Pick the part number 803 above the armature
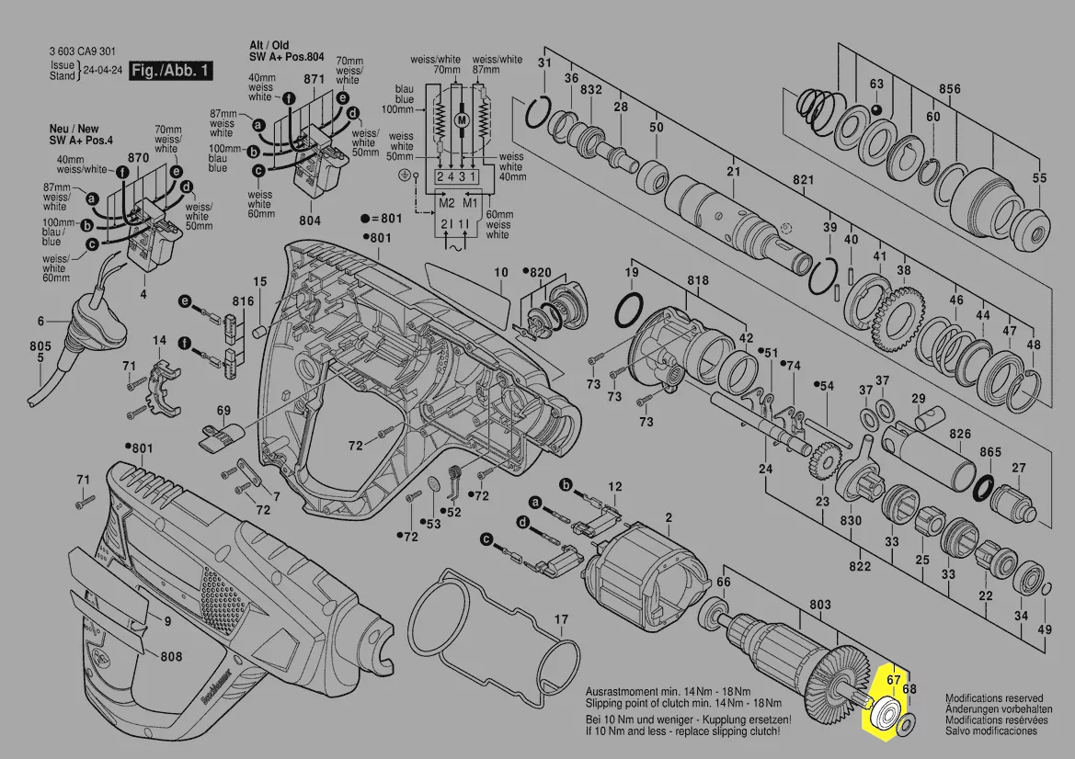[819, 605]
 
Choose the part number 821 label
[804, 178]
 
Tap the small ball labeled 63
[875, 110]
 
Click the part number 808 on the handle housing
[170, 657]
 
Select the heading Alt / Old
[269, 45]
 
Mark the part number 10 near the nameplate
[501, 272]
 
